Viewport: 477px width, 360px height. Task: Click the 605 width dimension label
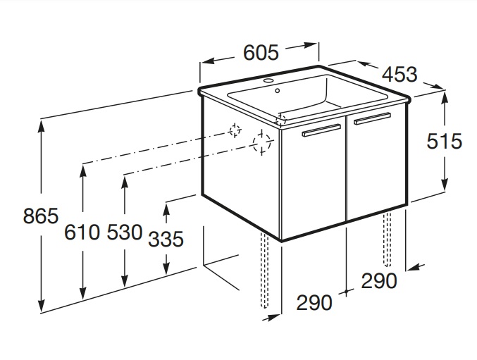261,52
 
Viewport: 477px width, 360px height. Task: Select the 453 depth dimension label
399,75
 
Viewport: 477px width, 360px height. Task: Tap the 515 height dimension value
445,141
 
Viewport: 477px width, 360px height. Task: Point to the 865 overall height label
41,216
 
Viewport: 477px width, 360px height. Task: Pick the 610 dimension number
82,232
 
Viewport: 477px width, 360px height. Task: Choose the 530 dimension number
125,232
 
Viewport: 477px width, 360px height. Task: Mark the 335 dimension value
166,239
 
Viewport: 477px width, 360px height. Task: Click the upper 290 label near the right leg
379,280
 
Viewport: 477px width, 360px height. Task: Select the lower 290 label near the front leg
314,303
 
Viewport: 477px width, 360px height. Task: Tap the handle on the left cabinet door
321,130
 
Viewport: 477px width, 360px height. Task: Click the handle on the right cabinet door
372,118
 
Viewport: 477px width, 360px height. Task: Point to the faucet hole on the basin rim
269,81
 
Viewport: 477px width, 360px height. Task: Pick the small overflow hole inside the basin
277,91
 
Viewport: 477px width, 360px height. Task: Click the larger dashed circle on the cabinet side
261,143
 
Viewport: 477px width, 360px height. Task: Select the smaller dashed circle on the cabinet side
235,130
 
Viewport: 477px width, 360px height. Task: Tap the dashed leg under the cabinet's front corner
264,270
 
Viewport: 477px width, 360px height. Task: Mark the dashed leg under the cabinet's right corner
387,239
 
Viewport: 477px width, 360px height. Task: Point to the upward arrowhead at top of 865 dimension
41,126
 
